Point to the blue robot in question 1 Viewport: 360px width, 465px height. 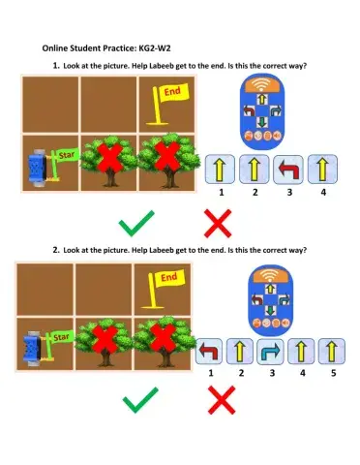(x=38, y=166)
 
